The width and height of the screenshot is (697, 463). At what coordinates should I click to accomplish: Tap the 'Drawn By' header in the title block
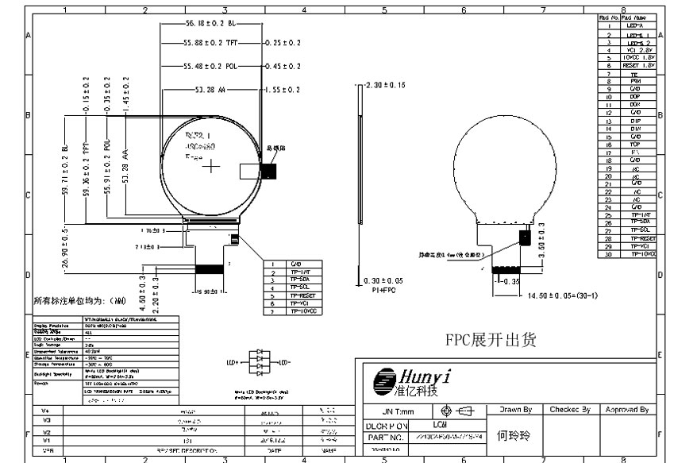click(x=515, y=410)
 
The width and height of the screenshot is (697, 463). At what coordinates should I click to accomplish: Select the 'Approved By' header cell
click(x=627, y=410)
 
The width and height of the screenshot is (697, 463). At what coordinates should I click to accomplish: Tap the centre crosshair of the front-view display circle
click(x=211, y=168)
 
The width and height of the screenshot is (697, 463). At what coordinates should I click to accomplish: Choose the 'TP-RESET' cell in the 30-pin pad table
click(x=642, y=238)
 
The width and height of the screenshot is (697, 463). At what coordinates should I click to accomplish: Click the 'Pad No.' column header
click(x=607, y=17)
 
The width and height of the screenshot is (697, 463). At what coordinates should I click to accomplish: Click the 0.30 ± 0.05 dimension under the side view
click(x=384, y=281)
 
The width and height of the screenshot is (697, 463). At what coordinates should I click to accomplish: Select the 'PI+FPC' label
click(x=384, y=291)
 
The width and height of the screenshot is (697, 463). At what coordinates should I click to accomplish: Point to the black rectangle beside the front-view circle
click(x=271, y=168)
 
